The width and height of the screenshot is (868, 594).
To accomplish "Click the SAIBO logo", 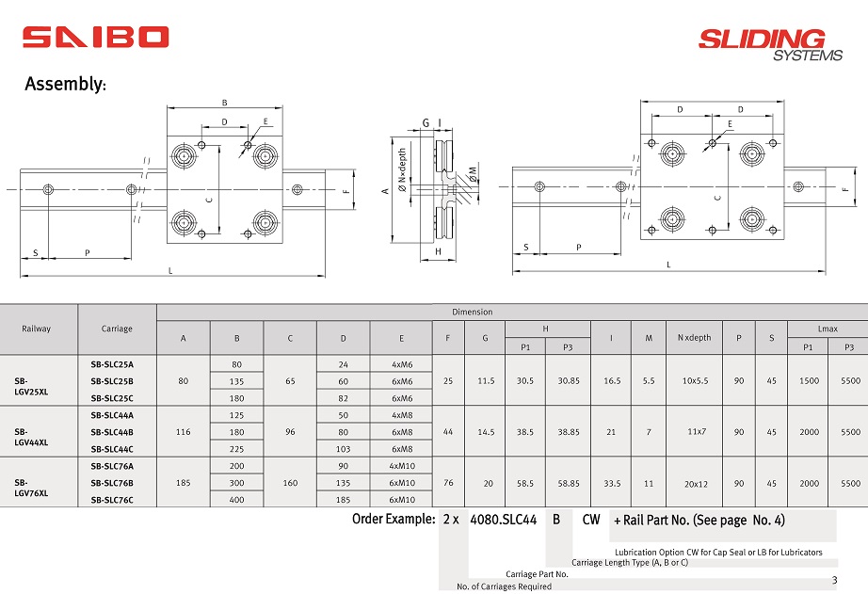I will point(96,37).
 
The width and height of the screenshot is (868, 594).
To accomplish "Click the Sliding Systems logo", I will point(762,43).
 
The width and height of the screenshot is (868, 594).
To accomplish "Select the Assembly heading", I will point(65,85).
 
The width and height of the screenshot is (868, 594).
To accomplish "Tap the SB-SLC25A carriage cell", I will point(112,363).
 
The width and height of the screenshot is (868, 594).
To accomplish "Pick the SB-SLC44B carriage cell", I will point(112,432).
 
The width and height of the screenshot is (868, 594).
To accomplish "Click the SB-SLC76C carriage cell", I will point(112,500).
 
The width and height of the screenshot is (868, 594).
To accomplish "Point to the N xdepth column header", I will point(694,337).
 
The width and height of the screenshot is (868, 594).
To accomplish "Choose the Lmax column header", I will point(827,329).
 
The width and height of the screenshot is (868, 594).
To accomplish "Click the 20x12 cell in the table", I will point(696,484).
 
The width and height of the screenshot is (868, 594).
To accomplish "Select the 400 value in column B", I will point(236,500).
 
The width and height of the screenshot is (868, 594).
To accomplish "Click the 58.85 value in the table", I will point(569,483).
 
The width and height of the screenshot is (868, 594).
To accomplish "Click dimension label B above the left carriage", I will point(224,102).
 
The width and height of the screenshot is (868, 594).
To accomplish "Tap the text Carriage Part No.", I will point(537,573).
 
